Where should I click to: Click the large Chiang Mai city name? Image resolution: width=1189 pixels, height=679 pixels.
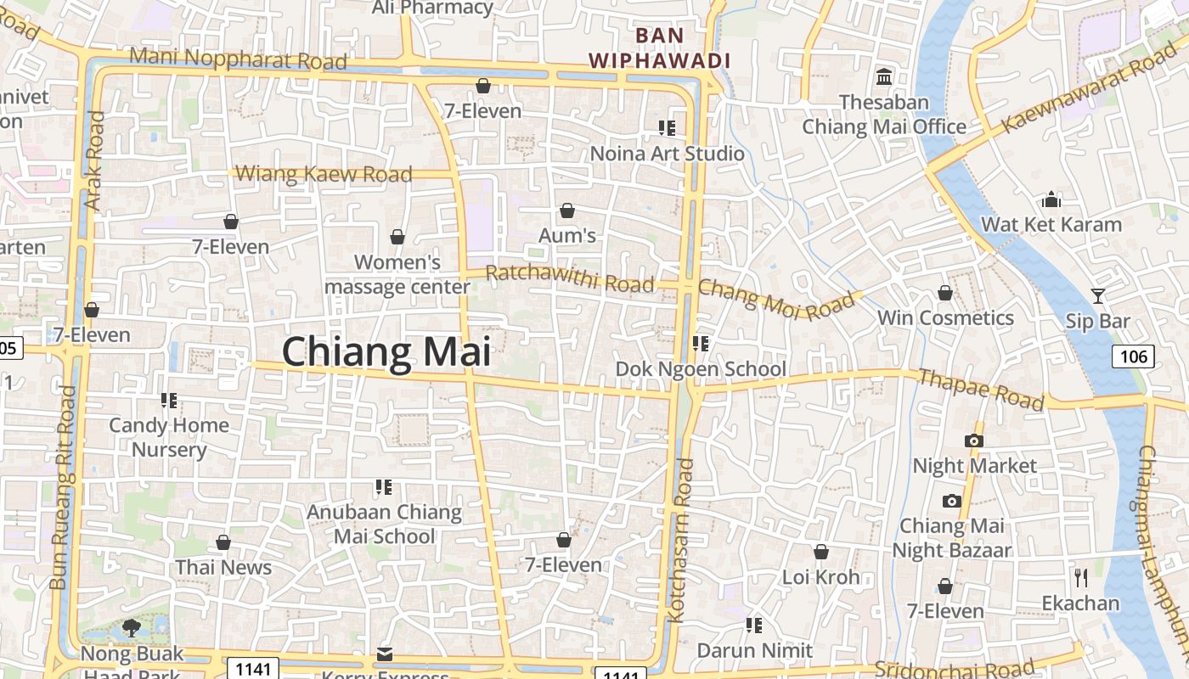pyautogui.click(x=386, y=352)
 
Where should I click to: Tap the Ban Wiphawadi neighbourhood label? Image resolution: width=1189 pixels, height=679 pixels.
pyautogui.click(x=660, y=48)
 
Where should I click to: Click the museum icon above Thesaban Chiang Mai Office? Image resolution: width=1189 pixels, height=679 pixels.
pyautogui.click(x=884, y=76)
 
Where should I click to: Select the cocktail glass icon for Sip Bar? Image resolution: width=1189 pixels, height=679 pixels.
pyautogui.click(x=1098, y=295)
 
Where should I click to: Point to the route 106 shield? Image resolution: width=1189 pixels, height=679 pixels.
pyautogui.click(x=1133, y=356)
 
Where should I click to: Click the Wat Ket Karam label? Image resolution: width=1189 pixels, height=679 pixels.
pyautogui.click(x=1051, y=224)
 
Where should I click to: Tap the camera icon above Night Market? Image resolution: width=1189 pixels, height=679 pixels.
pyautogui.click(x=974, y=441)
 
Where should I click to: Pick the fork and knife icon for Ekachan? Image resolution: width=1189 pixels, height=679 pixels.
pyautogui.click(x=1081, y=578)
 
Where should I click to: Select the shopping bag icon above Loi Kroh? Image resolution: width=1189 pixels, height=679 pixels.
pyautogui.click(x=820, y=552)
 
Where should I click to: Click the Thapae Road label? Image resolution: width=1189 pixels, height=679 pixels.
pyautogui.click(x=981, y=390)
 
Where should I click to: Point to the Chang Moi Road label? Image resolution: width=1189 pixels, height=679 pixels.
pyautogui.click(x=776, y=298)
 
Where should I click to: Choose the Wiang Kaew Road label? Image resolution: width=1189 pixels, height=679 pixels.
pyautogui.click(x=324, y=174)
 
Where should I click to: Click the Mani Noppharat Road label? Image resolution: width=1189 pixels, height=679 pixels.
pyautogui.click(x=239, y=59)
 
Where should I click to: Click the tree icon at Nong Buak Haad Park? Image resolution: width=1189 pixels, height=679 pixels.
pyautogui.click(x=131, y=628)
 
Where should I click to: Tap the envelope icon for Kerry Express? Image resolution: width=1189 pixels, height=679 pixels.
pyautogui.click(x=385, y=654)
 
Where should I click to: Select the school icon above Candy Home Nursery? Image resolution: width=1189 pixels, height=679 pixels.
pyautogui.click(x=168, y=400)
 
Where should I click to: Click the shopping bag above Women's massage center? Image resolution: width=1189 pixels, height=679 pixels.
pyautogui.click(x=397, y=237)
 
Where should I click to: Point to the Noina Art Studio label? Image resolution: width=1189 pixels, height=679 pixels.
pyautogui.click(x=667, y=154)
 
